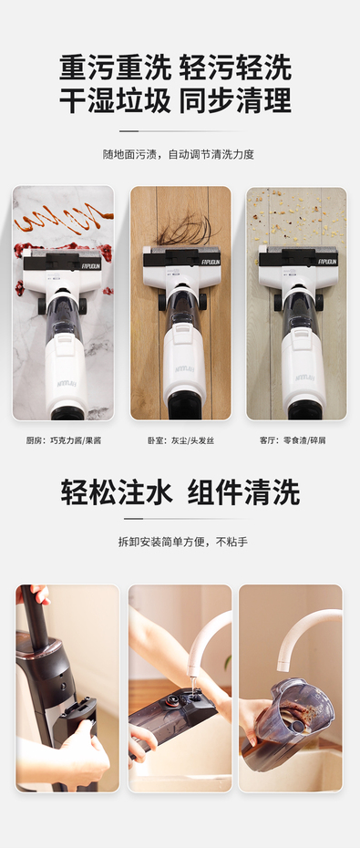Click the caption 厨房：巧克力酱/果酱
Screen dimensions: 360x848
[x=64, y=440]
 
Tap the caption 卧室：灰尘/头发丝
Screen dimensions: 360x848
[x=180, y=440]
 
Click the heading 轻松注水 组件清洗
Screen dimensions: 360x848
[x=180, y=492]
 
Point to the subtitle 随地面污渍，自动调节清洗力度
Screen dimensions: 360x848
[x=179, y=154]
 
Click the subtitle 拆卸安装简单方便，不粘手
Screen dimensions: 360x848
[x=182, y=542]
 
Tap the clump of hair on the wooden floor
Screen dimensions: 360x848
[x=185, y=230]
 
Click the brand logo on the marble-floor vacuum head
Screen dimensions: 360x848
[x=90, y=266]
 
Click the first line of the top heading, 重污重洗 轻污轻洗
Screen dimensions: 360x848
[x=176, y=68]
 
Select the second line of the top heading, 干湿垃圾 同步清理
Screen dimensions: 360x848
[x=176, y=100]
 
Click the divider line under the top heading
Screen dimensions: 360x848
[x=180, y=131]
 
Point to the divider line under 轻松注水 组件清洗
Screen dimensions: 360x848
[x=180, y=519]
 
